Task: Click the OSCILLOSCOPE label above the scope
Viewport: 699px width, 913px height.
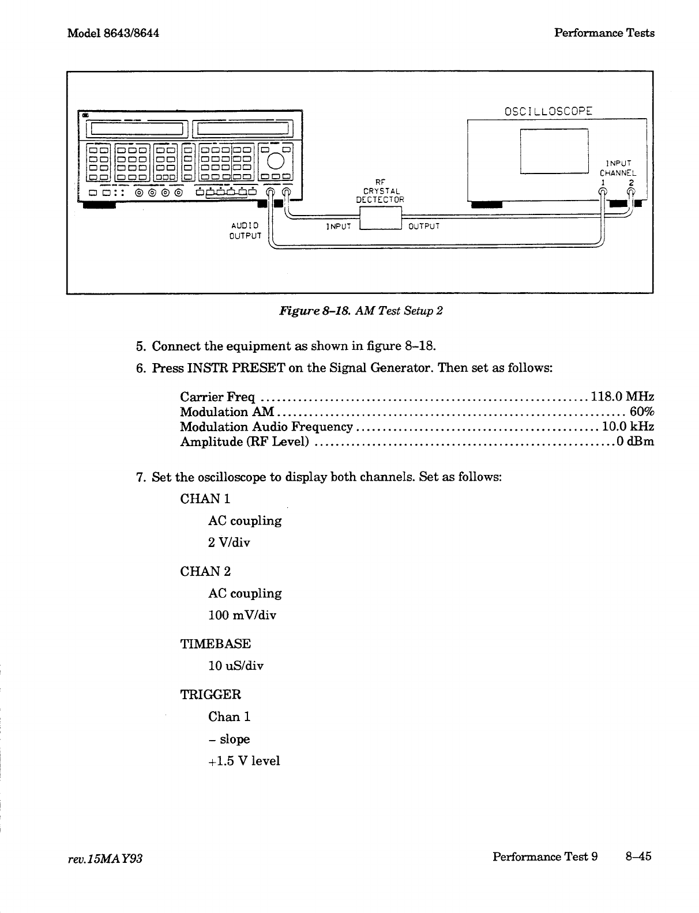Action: tap(540, 111)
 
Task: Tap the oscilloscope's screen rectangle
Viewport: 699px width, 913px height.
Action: tap(554, 150)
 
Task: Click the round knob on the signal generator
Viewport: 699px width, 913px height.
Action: tap(276, 160)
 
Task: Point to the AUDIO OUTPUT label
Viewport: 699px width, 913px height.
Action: tap(245, 231)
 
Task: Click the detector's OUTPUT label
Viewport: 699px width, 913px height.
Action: tap(424, 226)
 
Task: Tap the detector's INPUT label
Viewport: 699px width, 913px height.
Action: tap(339, 227)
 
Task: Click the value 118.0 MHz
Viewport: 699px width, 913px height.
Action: tap(621, 397)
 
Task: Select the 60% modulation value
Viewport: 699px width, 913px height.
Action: tap(642, 412)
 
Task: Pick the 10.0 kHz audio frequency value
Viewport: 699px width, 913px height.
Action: tap(627, 427)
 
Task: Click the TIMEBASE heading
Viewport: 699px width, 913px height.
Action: tap(215, 644)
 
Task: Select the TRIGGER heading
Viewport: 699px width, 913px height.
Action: tap(211, 695)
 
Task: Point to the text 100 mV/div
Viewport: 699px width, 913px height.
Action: tap(242, 615)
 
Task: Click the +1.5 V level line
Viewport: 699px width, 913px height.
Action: tap(244, 761)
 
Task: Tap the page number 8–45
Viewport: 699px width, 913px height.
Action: tap(638, 856)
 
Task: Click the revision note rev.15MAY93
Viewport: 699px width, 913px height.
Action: tap(105, 858)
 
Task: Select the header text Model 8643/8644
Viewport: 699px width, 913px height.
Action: tap(113, 32)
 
